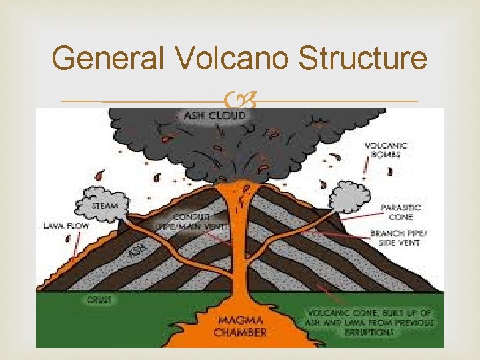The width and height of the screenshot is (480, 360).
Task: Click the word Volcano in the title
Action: (x=232, y=59)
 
